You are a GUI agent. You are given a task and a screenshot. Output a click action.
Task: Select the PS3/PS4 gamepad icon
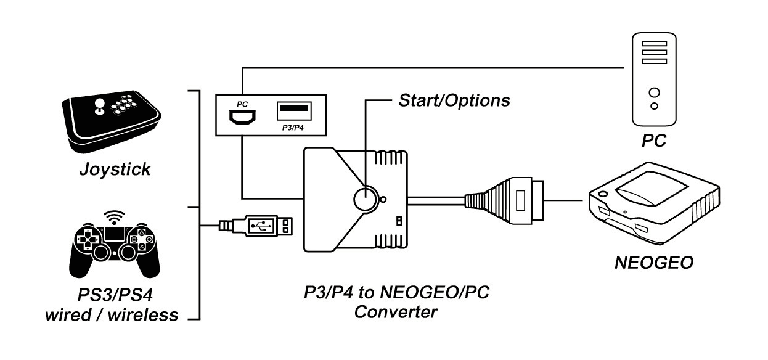pyautogui.click(x=115, y=247)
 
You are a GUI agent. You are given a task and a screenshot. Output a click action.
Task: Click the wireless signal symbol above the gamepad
pyautogui.click(x=114, y=217)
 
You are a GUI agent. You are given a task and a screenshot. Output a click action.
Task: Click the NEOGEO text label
pyautogui.click(x=654, y=263)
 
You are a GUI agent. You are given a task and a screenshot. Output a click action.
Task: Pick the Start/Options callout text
pyautogui.click(x=454, y=99)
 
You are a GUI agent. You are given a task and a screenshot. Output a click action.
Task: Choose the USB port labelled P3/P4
pyautogui.click(x=294, y=110)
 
